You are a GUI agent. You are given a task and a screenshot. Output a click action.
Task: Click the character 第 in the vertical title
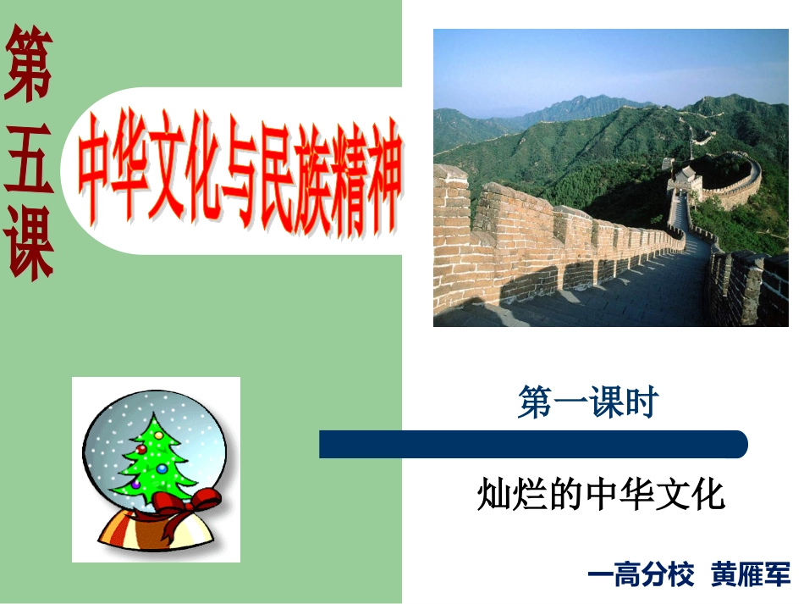coord(28,65)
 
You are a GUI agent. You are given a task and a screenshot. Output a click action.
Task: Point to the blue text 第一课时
coord(587,403)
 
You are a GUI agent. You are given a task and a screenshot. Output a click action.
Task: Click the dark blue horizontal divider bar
coord(532,444)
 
